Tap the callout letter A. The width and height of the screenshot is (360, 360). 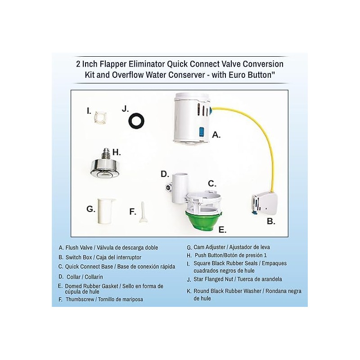pyautogui.click(x=216, y=135)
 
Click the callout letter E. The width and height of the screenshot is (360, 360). pyautogui.click(x=222, y=229)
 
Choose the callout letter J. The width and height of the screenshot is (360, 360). pyautogui.click(x=126, y=109)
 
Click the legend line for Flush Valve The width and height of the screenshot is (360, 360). pyautogui.click(x=108, y=247)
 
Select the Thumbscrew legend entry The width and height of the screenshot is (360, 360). pyautogui.click(x=104, y=299)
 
